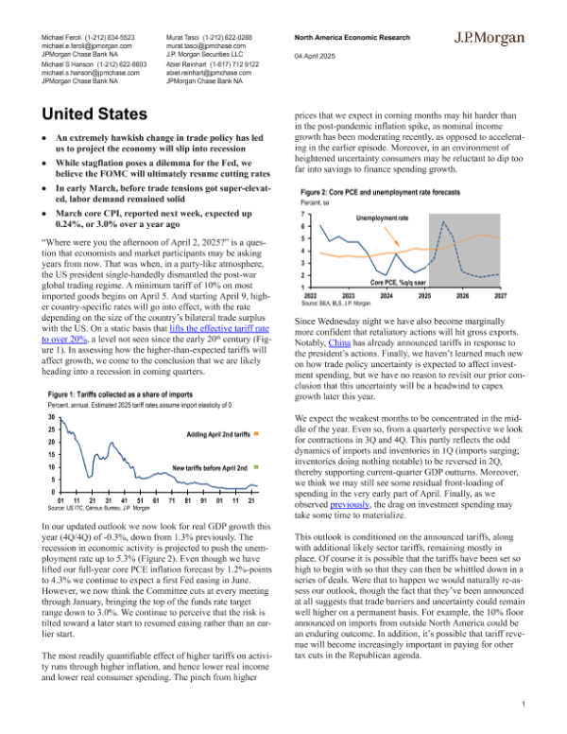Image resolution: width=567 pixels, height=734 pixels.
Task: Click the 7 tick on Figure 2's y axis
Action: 301,216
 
